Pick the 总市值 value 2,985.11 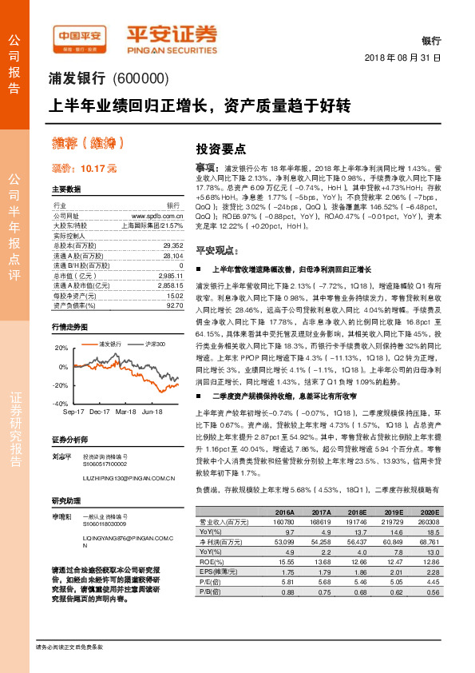170,274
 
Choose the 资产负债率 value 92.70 175,305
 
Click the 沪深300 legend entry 156,344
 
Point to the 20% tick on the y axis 61,348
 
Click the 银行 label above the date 431,40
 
